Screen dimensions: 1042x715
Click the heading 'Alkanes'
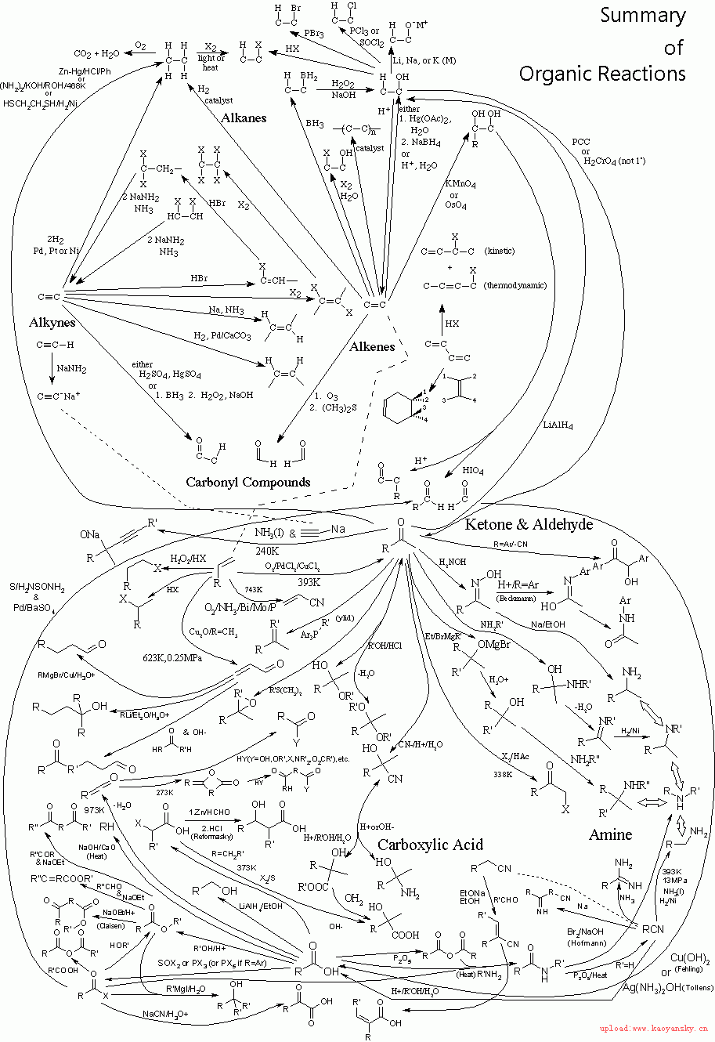[x=243, y=118]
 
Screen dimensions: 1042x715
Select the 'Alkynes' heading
[x=52, y=323]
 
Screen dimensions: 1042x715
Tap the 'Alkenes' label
[x=371, y=346]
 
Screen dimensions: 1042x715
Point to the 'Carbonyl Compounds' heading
[x=248, y=482]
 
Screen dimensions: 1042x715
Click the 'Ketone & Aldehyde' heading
[x=529, y=524]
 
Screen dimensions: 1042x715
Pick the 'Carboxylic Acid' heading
[x=430, y=845]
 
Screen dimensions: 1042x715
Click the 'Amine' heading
[x=610, y=835]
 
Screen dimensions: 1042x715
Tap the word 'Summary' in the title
[x=643, y=15]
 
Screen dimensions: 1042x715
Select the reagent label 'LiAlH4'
[x=558, y=426]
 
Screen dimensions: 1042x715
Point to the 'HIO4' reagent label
[x=473, y=470]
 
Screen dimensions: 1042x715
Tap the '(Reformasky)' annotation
[x=212, y=838]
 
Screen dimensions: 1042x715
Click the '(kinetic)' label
[x=499, y=251]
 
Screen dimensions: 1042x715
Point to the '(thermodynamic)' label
[x=515, y=285]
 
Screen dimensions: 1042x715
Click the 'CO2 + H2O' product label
[x=97, y=53]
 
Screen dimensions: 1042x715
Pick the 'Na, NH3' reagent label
[x=226, y=311]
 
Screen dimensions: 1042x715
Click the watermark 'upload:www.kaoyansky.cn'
[x=654, y=1027]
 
